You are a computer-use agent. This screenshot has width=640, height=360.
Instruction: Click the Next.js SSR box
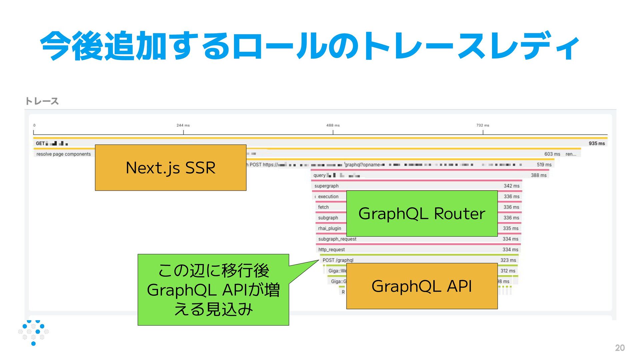pos(170,168)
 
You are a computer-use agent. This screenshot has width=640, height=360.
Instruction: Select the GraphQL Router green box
pos(422,214)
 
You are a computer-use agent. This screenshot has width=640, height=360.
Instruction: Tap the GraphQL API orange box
pos(422,286)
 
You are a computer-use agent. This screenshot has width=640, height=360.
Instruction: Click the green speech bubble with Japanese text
pos(213,290)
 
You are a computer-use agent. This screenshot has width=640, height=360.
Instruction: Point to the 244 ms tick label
pos(183,125)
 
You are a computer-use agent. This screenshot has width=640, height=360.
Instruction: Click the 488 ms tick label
pos(333,125)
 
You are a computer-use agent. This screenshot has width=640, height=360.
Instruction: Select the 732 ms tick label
pos(483,125)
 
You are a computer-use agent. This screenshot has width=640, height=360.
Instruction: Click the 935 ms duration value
pos(596,143)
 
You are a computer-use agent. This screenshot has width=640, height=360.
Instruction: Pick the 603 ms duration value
pos(552,154)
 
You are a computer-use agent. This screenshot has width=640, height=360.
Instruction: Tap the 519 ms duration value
pos(544,165)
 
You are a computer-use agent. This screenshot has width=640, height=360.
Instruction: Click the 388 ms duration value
pos(539,175)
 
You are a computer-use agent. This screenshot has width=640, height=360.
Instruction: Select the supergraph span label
pos(326,186)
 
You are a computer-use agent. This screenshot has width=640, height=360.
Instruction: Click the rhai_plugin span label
pos(329,228)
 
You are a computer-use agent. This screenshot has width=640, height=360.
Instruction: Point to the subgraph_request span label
pos(337,239)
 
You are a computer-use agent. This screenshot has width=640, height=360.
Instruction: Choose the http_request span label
pos(331,250)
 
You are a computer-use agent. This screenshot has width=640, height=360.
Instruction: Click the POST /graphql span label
pos(338,260)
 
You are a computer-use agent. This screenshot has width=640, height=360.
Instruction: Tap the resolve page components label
pos(63,154)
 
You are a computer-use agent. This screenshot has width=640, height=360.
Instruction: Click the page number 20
pos(620,348)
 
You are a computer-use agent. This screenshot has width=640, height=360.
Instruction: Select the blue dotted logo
pos(33,332)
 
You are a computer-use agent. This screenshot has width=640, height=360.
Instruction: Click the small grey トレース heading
pos(42,101)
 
